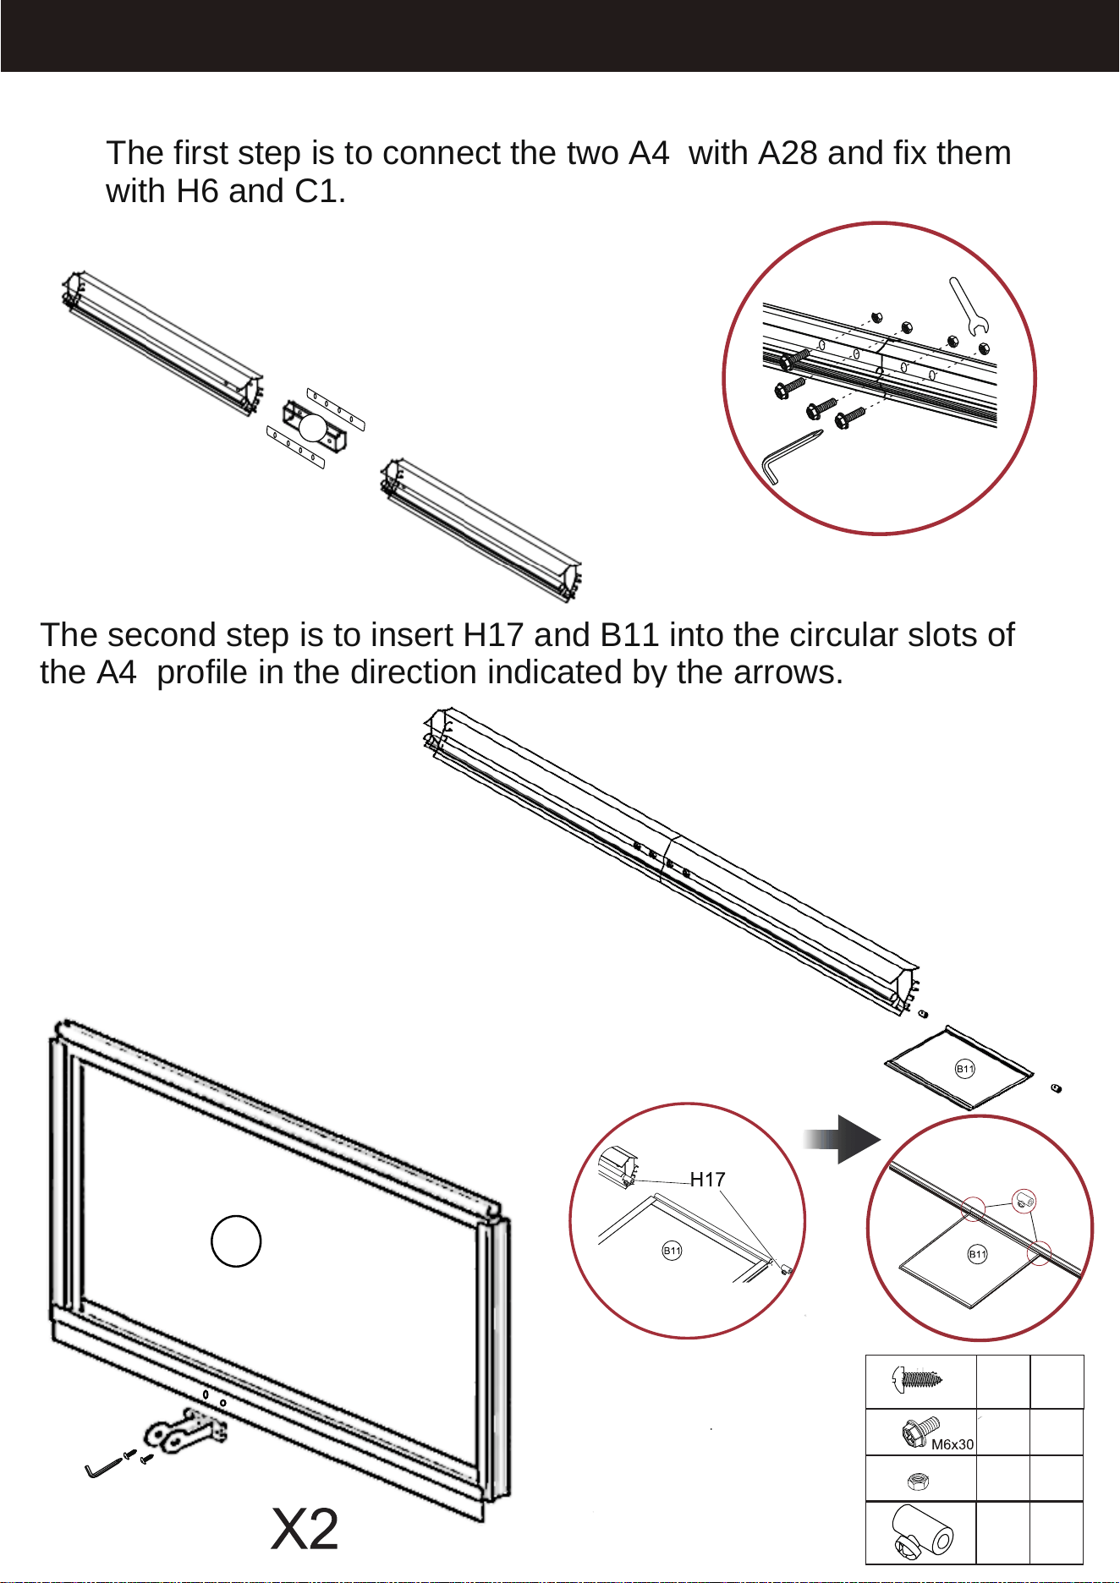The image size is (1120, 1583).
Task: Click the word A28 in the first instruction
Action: pyautogui.click(x=788, y=153)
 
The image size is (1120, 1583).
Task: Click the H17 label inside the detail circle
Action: pyautogui.click(x=707, y=1179)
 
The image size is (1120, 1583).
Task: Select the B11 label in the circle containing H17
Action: pyautogui.click(x=672, y=1251)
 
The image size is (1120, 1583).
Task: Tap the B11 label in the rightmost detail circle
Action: pyautogui.click(x=977, y=1254)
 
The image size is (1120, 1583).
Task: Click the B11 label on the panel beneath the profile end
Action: pyautogui.click(x=964, y=1069)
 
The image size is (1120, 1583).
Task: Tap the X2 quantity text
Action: pyautogui.click(x=305, y=1529)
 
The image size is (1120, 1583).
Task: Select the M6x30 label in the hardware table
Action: pyautogui.click(x=953, y=1445)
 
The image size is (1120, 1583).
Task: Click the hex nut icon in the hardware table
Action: pyautogui.click(x=918, y=1481)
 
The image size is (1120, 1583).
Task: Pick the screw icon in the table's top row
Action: pyautogui.click(x=917, y=1381)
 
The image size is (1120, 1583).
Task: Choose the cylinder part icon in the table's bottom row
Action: pyautogui.click(x=922, y=1531)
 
